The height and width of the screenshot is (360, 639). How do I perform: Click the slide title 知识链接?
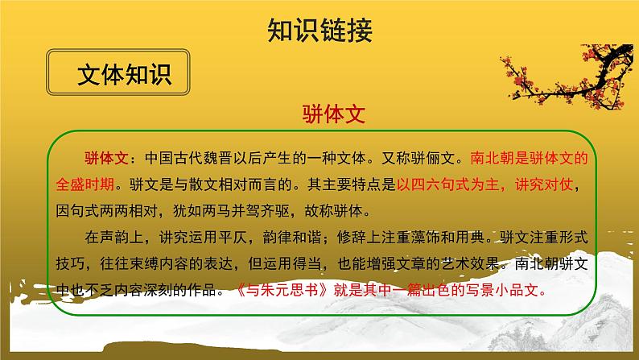pyautogui.click(x=319, y=30)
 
